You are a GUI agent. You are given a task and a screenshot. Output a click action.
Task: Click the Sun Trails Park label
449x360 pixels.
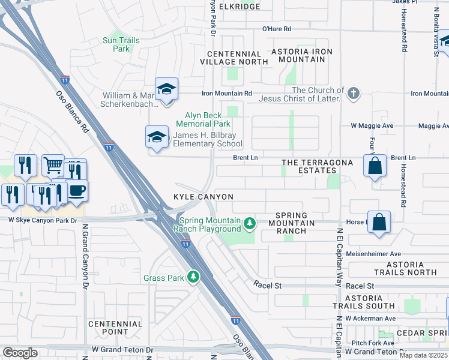121,44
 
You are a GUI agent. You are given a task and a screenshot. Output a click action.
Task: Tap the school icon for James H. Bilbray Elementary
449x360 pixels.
157,137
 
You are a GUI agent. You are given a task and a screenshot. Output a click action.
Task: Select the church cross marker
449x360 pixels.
354,93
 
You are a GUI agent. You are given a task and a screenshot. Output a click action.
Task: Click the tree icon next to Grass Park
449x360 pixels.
193,277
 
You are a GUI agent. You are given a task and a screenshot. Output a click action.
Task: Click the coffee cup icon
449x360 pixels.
77,191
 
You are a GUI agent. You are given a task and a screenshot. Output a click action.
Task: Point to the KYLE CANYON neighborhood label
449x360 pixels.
203,197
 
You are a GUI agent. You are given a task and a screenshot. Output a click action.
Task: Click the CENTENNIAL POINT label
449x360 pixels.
115,328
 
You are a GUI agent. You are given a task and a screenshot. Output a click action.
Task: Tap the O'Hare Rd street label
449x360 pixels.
276,29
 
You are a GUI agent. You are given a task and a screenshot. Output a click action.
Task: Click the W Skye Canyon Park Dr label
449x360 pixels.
43,221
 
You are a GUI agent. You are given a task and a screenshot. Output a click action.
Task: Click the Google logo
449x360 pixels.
19,353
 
